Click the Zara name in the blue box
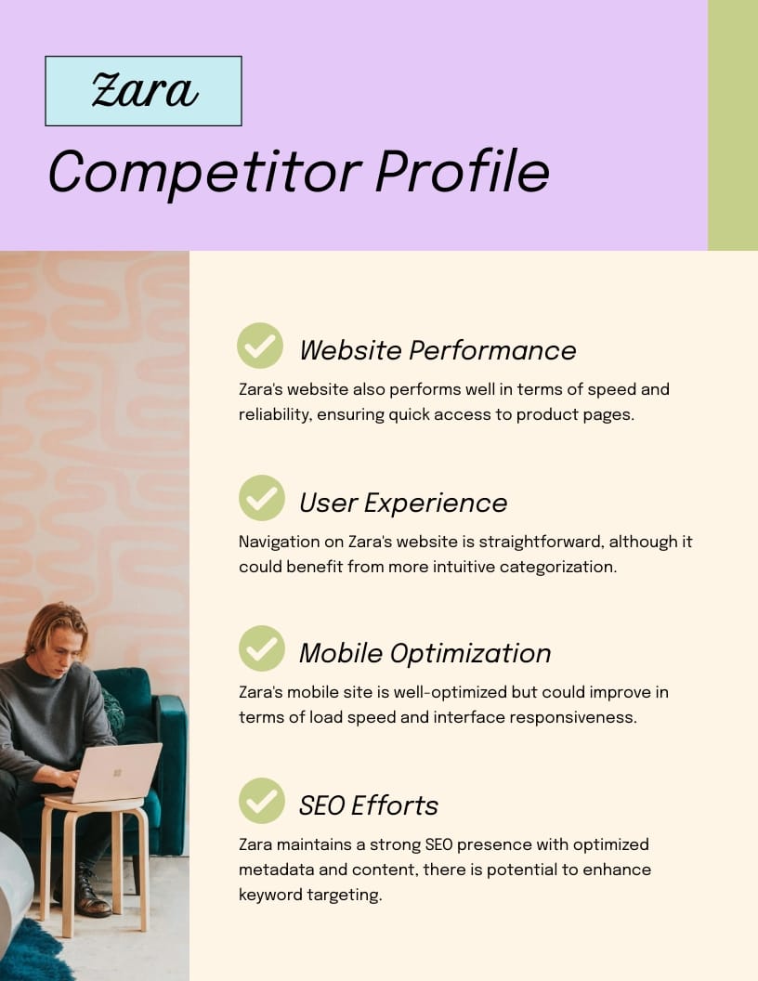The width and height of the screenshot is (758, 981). (144, 91)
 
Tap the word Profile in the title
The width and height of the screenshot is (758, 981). (463, 172)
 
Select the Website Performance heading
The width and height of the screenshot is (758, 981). (438, 350)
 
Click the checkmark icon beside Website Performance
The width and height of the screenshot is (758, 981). (261, 346)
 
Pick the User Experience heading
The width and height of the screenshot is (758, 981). (403, 503)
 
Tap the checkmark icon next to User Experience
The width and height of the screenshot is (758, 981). (261, 498)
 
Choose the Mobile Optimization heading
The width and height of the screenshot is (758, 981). (425, 653)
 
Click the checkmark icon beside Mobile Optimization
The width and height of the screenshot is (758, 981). (261, 648)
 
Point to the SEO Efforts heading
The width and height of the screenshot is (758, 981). (368, 805)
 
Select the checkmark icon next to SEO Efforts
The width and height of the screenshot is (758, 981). (261, 801)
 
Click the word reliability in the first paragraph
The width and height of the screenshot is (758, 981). (273, 414)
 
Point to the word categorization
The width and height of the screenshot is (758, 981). (557, 566)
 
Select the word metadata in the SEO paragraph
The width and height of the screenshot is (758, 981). (274, 870)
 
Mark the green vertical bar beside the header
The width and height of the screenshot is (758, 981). (733, 124)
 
